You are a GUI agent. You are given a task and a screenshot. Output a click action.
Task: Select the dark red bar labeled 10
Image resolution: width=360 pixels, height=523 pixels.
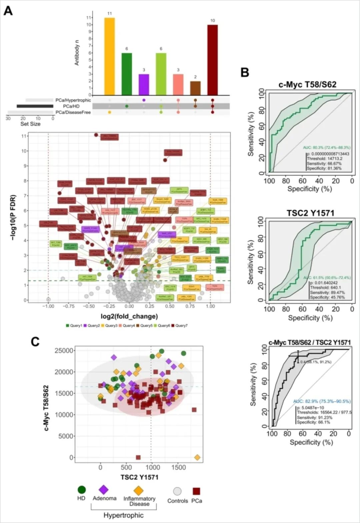tap(212, 60)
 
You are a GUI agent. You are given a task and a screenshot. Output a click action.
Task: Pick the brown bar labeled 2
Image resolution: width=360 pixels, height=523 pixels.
tap(195, 88)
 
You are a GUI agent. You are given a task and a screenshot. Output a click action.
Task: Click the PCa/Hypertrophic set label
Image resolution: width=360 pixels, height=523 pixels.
tap(73, 100)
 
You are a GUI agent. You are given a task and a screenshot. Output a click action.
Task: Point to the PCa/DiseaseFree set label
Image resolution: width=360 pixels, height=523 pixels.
tap(73, 112)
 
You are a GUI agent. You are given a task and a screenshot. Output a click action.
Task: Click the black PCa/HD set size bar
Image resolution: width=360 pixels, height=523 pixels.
tap(35, 106)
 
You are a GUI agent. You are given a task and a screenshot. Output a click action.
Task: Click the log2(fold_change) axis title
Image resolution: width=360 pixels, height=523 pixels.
tap(129, 316)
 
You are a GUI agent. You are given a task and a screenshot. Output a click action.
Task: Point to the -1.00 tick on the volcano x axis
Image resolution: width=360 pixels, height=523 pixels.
tap(49, 306)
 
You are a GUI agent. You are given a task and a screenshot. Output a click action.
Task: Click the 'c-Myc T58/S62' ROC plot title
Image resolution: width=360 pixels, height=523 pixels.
tap(307, 85)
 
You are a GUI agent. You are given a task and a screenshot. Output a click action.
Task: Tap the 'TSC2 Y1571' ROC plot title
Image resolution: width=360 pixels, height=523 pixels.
tap(310, 213)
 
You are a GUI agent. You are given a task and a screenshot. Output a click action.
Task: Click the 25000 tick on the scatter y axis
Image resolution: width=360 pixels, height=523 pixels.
tap(64, 351)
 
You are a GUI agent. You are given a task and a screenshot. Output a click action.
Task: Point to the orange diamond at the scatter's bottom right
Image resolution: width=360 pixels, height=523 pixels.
tap(197, 457)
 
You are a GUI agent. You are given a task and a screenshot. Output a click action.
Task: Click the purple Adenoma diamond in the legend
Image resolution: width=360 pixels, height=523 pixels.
tap(104, 490)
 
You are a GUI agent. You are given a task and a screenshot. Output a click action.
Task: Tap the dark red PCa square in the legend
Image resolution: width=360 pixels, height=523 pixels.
tap(196, 491)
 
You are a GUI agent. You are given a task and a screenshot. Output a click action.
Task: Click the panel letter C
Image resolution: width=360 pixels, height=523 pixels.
tap(36, 342)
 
